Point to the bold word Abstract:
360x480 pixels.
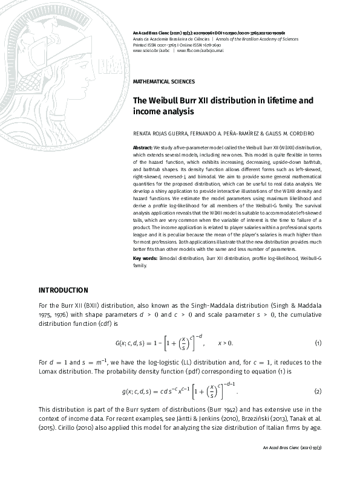point(143,148)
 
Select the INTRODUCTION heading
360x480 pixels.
point(63,290)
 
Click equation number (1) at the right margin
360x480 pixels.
point(318,343)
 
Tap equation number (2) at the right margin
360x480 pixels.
point(318,391)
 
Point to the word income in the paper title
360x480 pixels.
point(146,112)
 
